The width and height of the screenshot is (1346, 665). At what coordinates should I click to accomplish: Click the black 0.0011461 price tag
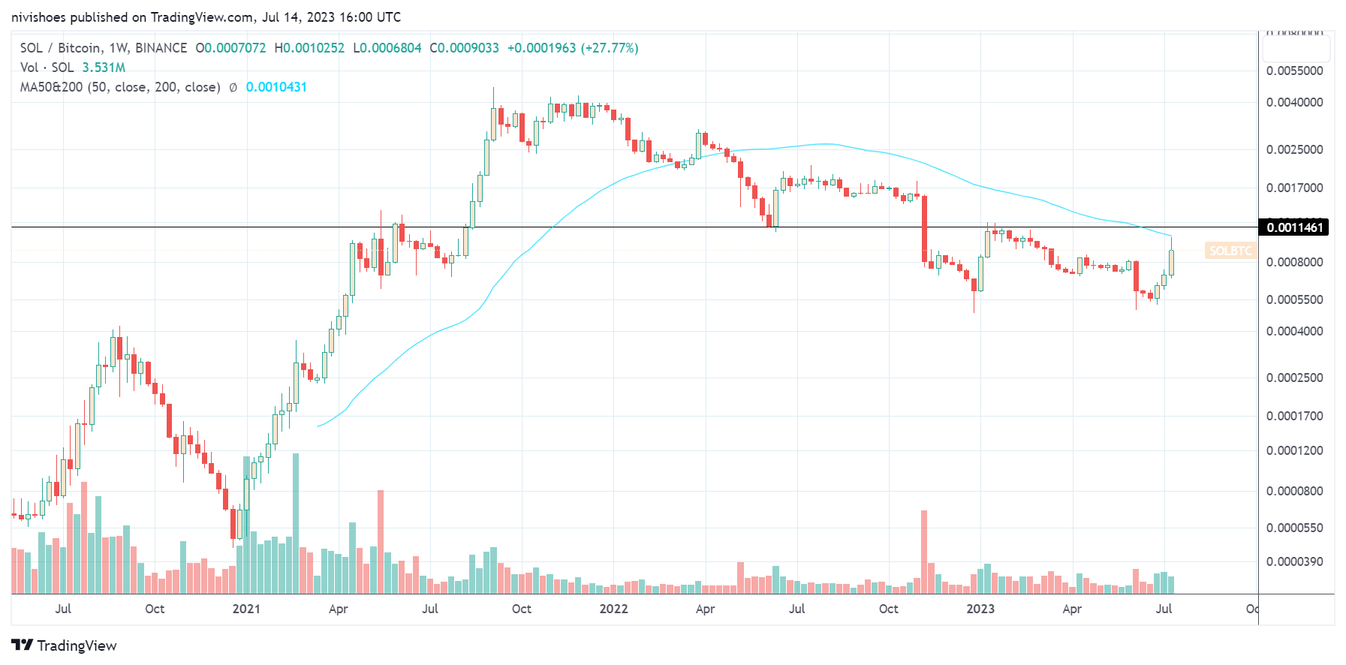tap(1293, 227)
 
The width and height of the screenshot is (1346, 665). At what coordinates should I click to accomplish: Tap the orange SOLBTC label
tap(1230, 251)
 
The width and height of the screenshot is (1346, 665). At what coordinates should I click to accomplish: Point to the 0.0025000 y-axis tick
tap(1294, 149)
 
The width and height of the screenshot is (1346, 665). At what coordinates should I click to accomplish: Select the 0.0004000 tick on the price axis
tap(1294, 331)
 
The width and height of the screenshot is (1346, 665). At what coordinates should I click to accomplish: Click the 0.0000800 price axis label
tap(1294, 491)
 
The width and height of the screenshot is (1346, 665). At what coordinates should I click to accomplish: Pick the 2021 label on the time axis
tap(246, 609)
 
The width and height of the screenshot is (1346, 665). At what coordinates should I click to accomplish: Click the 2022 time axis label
tap(613, 609)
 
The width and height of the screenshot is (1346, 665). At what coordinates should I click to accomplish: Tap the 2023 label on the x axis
tap(980, 609)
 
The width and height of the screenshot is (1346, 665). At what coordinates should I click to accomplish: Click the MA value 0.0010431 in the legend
tap(276, 87)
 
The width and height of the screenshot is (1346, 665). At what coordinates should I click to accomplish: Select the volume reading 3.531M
tap(104, 68)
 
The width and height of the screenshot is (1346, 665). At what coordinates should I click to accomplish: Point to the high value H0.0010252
tap(309, 48)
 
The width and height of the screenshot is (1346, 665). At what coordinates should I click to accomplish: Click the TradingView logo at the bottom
tap(65, 645)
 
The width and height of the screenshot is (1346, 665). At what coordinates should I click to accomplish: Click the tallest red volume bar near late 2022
tap(924, 552)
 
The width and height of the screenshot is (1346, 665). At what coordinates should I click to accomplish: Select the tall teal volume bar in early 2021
tap(296, 523)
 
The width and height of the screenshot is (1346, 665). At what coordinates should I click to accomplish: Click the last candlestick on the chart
tap(1171, 263)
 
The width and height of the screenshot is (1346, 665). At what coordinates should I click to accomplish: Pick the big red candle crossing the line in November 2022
tap(924, 229)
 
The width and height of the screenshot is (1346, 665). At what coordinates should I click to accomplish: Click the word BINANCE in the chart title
tap(161, 48)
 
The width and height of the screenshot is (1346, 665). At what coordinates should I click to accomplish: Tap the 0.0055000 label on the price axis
tap(1294, 71)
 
